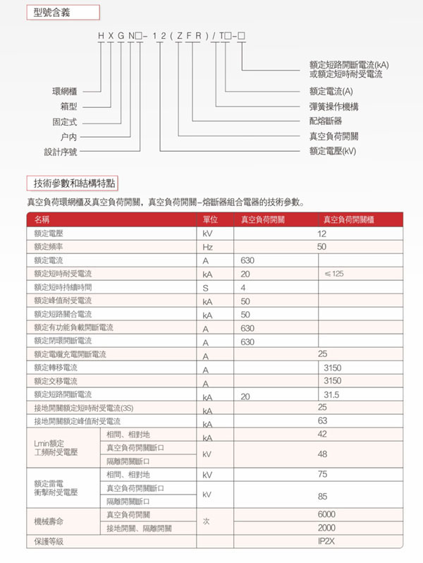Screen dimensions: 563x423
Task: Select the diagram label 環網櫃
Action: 69,91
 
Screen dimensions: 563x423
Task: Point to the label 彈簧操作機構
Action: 333,106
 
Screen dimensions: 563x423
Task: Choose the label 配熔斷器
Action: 326,121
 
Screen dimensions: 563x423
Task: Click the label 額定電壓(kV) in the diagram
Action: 333,151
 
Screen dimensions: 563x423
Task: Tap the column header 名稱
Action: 42,219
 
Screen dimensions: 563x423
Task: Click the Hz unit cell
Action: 207,247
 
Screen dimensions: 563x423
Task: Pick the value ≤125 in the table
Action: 333,273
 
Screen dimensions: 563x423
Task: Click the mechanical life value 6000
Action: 326,514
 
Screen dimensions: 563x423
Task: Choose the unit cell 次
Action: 207,521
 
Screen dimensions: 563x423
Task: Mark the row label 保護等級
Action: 49,541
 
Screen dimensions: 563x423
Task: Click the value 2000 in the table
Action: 326,528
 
